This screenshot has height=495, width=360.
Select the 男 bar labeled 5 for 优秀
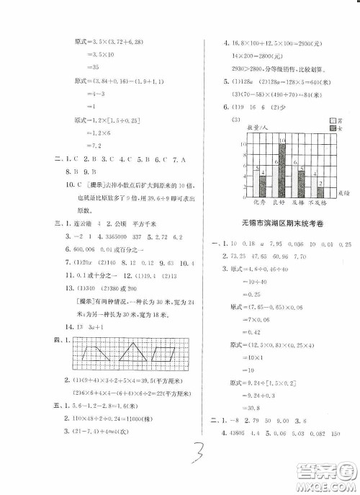point(256,182)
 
